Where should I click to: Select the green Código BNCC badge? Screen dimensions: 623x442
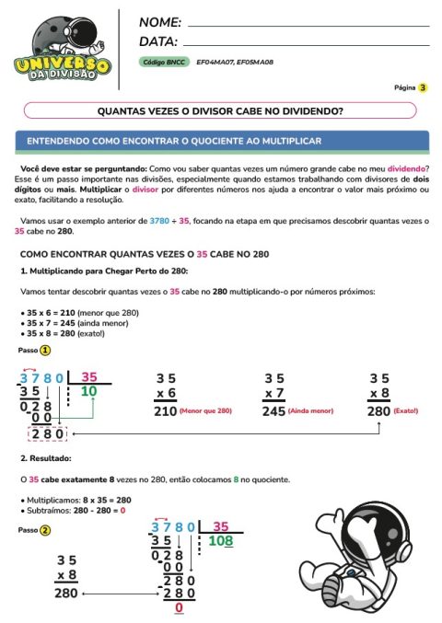(163, 62)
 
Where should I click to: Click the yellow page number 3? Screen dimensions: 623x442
(423, 88)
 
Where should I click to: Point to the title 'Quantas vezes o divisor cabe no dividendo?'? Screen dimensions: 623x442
(220, 110)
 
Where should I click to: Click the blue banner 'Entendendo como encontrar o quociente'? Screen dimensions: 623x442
(221, 142)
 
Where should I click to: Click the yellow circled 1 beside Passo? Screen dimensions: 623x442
(44, 351)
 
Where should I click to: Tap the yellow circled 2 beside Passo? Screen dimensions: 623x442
(44, 530)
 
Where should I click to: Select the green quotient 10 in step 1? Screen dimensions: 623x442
(88, 391)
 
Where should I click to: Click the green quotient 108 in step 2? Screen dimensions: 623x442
(220, 541)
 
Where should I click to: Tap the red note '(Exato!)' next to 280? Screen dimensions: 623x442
(405, 410)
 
